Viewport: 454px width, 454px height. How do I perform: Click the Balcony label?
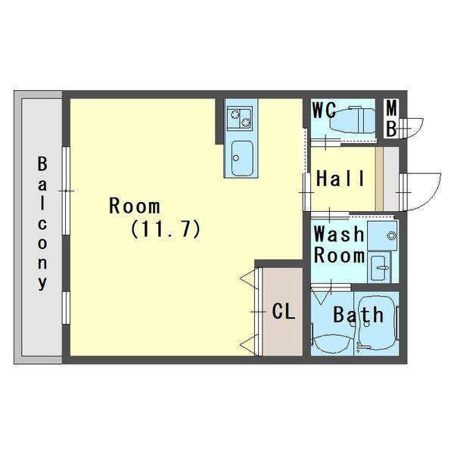point(42,223)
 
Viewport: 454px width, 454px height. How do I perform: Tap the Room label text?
point(135,206)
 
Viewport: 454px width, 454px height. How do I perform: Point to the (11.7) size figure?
point(166,229)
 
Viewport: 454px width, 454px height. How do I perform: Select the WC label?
point(325,110)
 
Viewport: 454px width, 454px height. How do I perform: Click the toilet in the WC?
point(352,120)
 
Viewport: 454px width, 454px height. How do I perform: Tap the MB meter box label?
point(391,118)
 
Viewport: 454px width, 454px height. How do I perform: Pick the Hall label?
point(340,179)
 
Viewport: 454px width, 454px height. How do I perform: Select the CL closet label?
point(284,312)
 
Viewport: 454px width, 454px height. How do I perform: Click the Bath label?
point(359,315)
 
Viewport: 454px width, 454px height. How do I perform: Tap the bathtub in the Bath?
point(376,323)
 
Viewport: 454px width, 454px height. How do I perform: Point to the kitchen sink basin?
point(242,158)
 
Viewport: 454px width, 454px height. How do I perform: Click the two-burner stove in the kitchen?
point(239,118)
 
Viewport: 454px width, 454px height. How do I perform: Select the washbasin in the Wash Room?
point(379,268)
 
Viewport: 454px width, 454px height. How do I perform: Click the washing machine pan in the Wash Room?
point(382,235)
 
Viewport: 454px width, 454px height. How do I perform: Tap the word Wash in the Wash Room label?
point(339,234)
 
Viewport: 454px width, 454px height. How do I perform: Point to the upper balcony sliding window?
point(67,191)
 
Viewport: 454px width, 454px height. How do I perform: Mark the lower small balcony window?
point(67,308)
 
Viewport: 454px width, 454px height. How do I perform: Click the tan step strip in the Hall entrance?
point(380,179)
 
